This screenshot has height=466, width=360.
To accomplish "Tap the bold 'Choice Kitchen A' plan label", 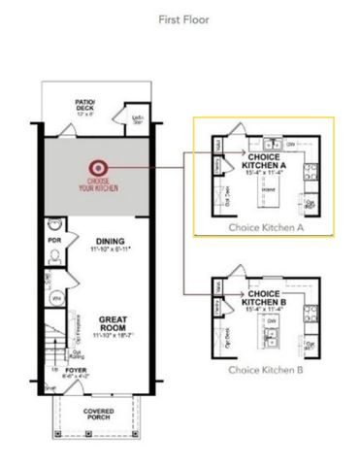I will [x=265, y=161].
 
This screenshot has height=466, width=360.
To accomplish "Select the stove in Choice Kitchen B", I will [x=310, y=315].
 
